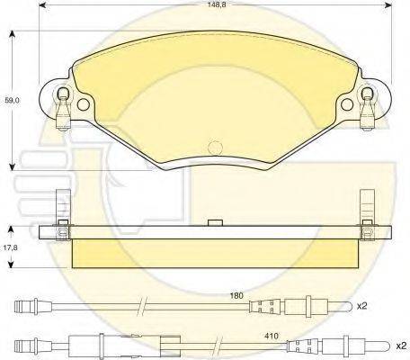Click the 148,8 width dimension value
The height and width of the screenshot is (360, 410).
(218, 5)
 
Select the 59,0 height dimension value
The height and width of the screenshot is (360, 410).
(12, 100)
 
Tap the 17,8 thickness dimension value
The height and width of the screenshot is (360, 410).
(12, 247)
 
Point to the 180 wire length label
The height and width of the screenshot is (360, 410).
(236, 295)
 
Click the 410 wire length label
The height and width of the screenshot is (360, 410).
(272, 336)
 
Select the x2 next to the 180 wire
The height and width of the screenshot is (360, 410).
(361, 306)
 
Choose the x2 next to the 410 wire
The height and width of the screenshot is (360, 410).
(401, 346)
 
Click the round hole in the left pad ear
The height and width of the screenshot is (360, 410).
(84, 104)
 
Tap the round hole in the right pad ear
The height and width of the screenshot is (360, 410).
(347, 104)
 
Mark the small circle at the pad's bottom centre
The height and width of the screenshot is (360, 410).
(215, 148)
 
